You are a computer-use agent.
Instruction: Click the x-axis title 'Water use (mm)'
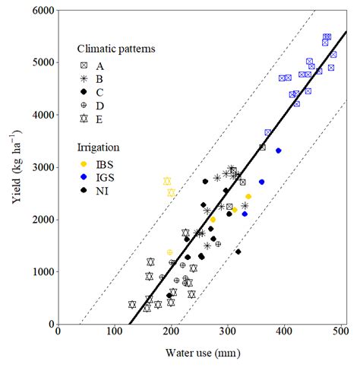click(201, 354)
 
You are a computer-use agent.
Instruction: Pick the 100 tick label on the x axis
click(114, 331)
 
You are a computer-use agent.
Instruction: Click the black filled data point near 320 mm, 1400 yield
click(238, 252)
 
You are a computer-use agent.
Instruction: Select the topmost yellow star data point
click(167, 181)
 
